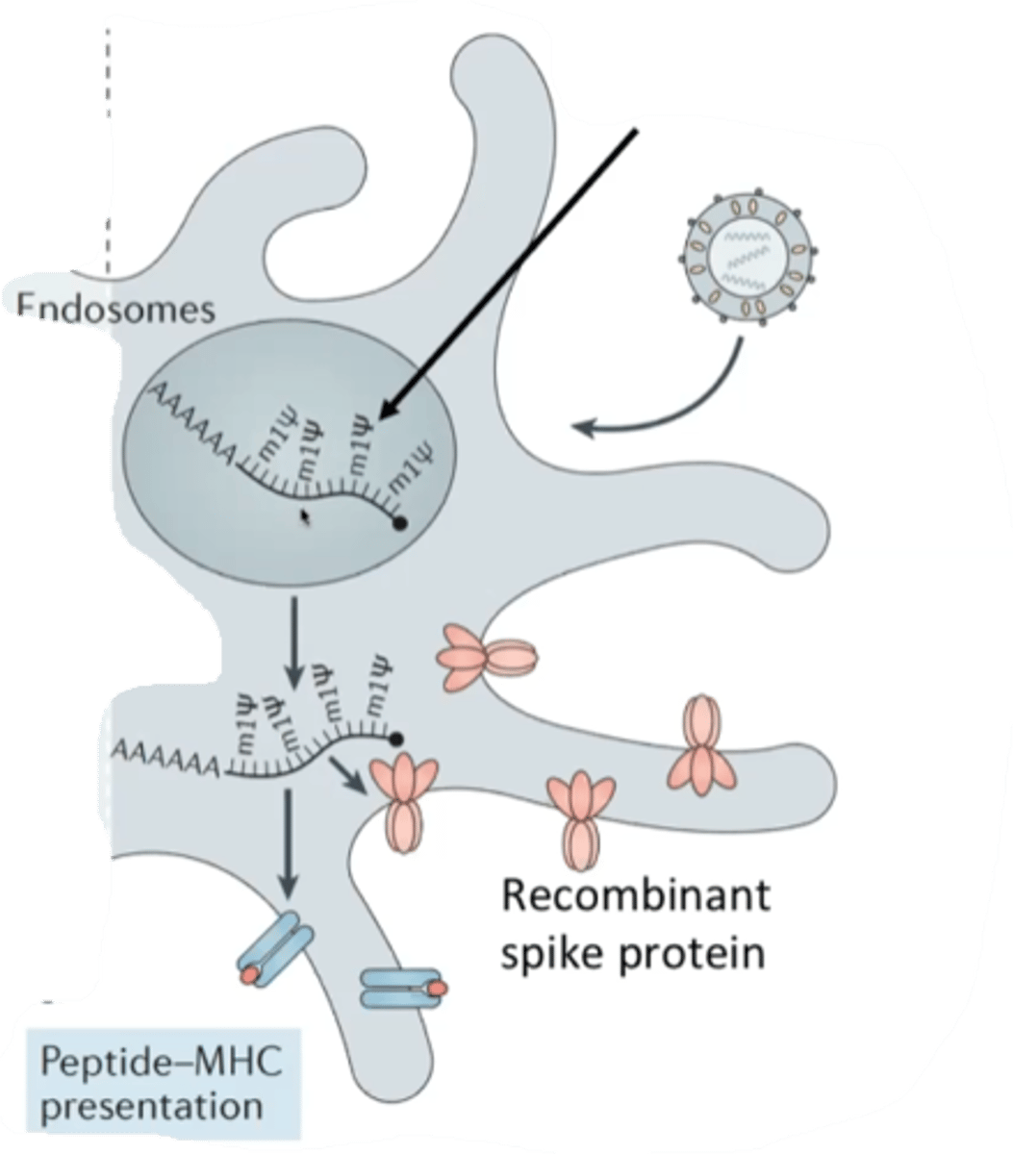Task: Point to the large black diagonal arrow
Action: [510, 274]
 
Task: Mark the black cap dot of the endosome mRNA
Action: [399, 522]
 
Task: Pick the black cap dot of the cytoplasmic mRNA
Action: [395, 739]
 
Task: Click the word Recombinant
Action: [636, 897]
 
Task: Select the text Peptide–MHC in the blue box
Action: [165, 1066]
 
